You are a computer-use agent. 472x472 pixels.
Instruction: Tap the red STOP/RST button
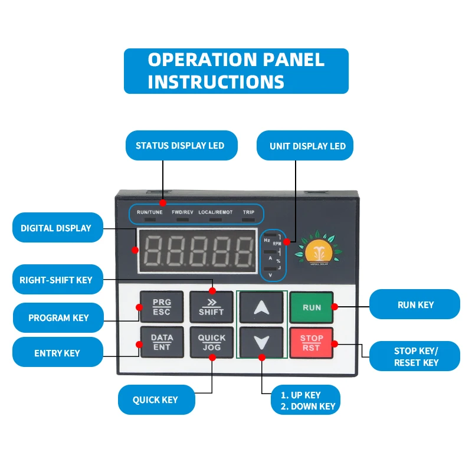click(x=311, y=343)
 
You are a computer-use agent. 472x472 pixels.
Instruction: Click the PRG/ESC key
click(x=162, y=307)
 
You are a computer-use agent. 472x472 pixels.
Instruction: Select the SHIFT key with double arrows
click(x=211, y=307)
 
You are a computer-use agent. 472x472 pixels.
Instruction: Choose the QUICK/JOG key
click(x=211, y=343)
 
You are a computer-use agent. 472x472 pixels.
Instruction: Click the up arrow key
click(x=261, y=307)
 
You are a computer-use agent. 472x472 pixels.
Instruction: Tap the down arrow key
click(x=261, y=343)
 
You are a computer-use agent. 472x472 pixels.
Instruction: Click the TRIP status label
click(x=248, y=212)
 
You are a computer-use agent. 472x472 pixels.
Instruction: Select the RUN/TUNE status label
click(x=149, y=212)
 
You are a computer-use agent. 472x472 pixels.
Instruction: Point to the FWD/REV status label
click(x=182, y=212)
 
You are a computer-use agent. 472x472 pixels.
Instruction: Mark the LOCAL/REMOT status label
click(x=215, y=212)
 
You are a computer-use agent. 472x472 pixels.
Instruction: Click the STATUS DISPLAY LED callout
click(x=181, y=145)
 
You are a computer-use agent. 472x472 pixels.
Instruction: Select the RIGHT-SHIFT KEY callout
click(x=56, y=280)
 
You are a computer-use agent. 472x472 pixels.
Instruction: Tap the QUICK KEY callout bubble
click(x=155, y=400)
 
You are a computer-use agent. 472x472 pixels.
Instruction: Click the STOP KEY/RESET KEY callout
click(x=416, y=356)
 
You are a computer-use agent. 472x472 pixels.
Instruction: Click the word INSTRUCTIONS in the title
click(x=216, y=81)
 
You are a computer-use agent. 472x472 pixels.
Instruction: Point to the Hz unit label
click(x=267, y=240)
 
